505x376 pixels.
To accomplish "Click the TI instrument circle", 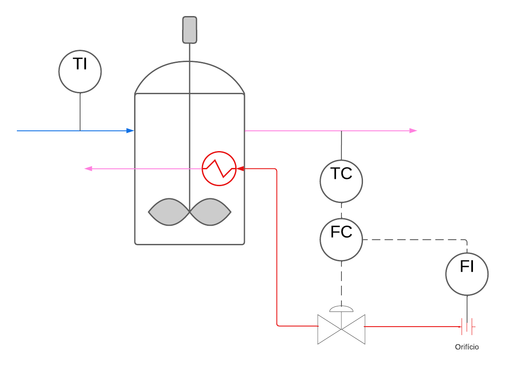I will click(x=80, y=71).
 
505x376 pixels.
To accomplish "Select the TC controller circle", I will click(x=341, y=181).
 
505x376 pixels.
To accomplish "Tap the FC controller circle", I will click(x=341, y=240).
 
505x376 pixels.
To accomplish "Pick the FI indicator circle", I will click(x=467, y=274).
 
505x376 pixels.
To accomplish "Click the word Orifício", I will click(x=467, y=347).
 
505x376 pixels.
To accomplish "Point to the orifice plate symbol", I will click(x=467, y=326).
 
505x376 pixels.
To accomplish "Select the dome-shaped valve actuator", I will click(x=341, y=309).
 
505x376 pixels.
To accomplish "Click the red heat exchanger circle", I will click(x=219, y=168).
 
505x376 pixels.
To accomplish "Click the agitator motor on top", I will click(x=190, y=30).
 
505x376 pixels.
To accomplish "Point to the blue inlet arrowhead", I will click(x=130, y=131).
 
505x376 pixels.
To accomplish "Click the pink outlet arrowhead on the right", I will click(x=413, y=130).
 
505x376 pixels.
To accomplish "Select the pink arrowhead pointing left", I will click(x=89, y=169).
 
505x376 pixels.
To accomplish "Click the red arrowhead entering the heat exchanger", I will click(x=240, y=169).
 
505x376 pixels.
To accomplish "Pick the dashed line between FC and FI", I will click(x=413, y=240).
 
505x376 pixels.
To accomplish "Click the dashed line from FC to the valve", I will click(x=341, y=283).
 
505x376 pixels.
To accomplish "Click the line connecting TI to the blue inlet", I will click(x=80, y=112).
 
